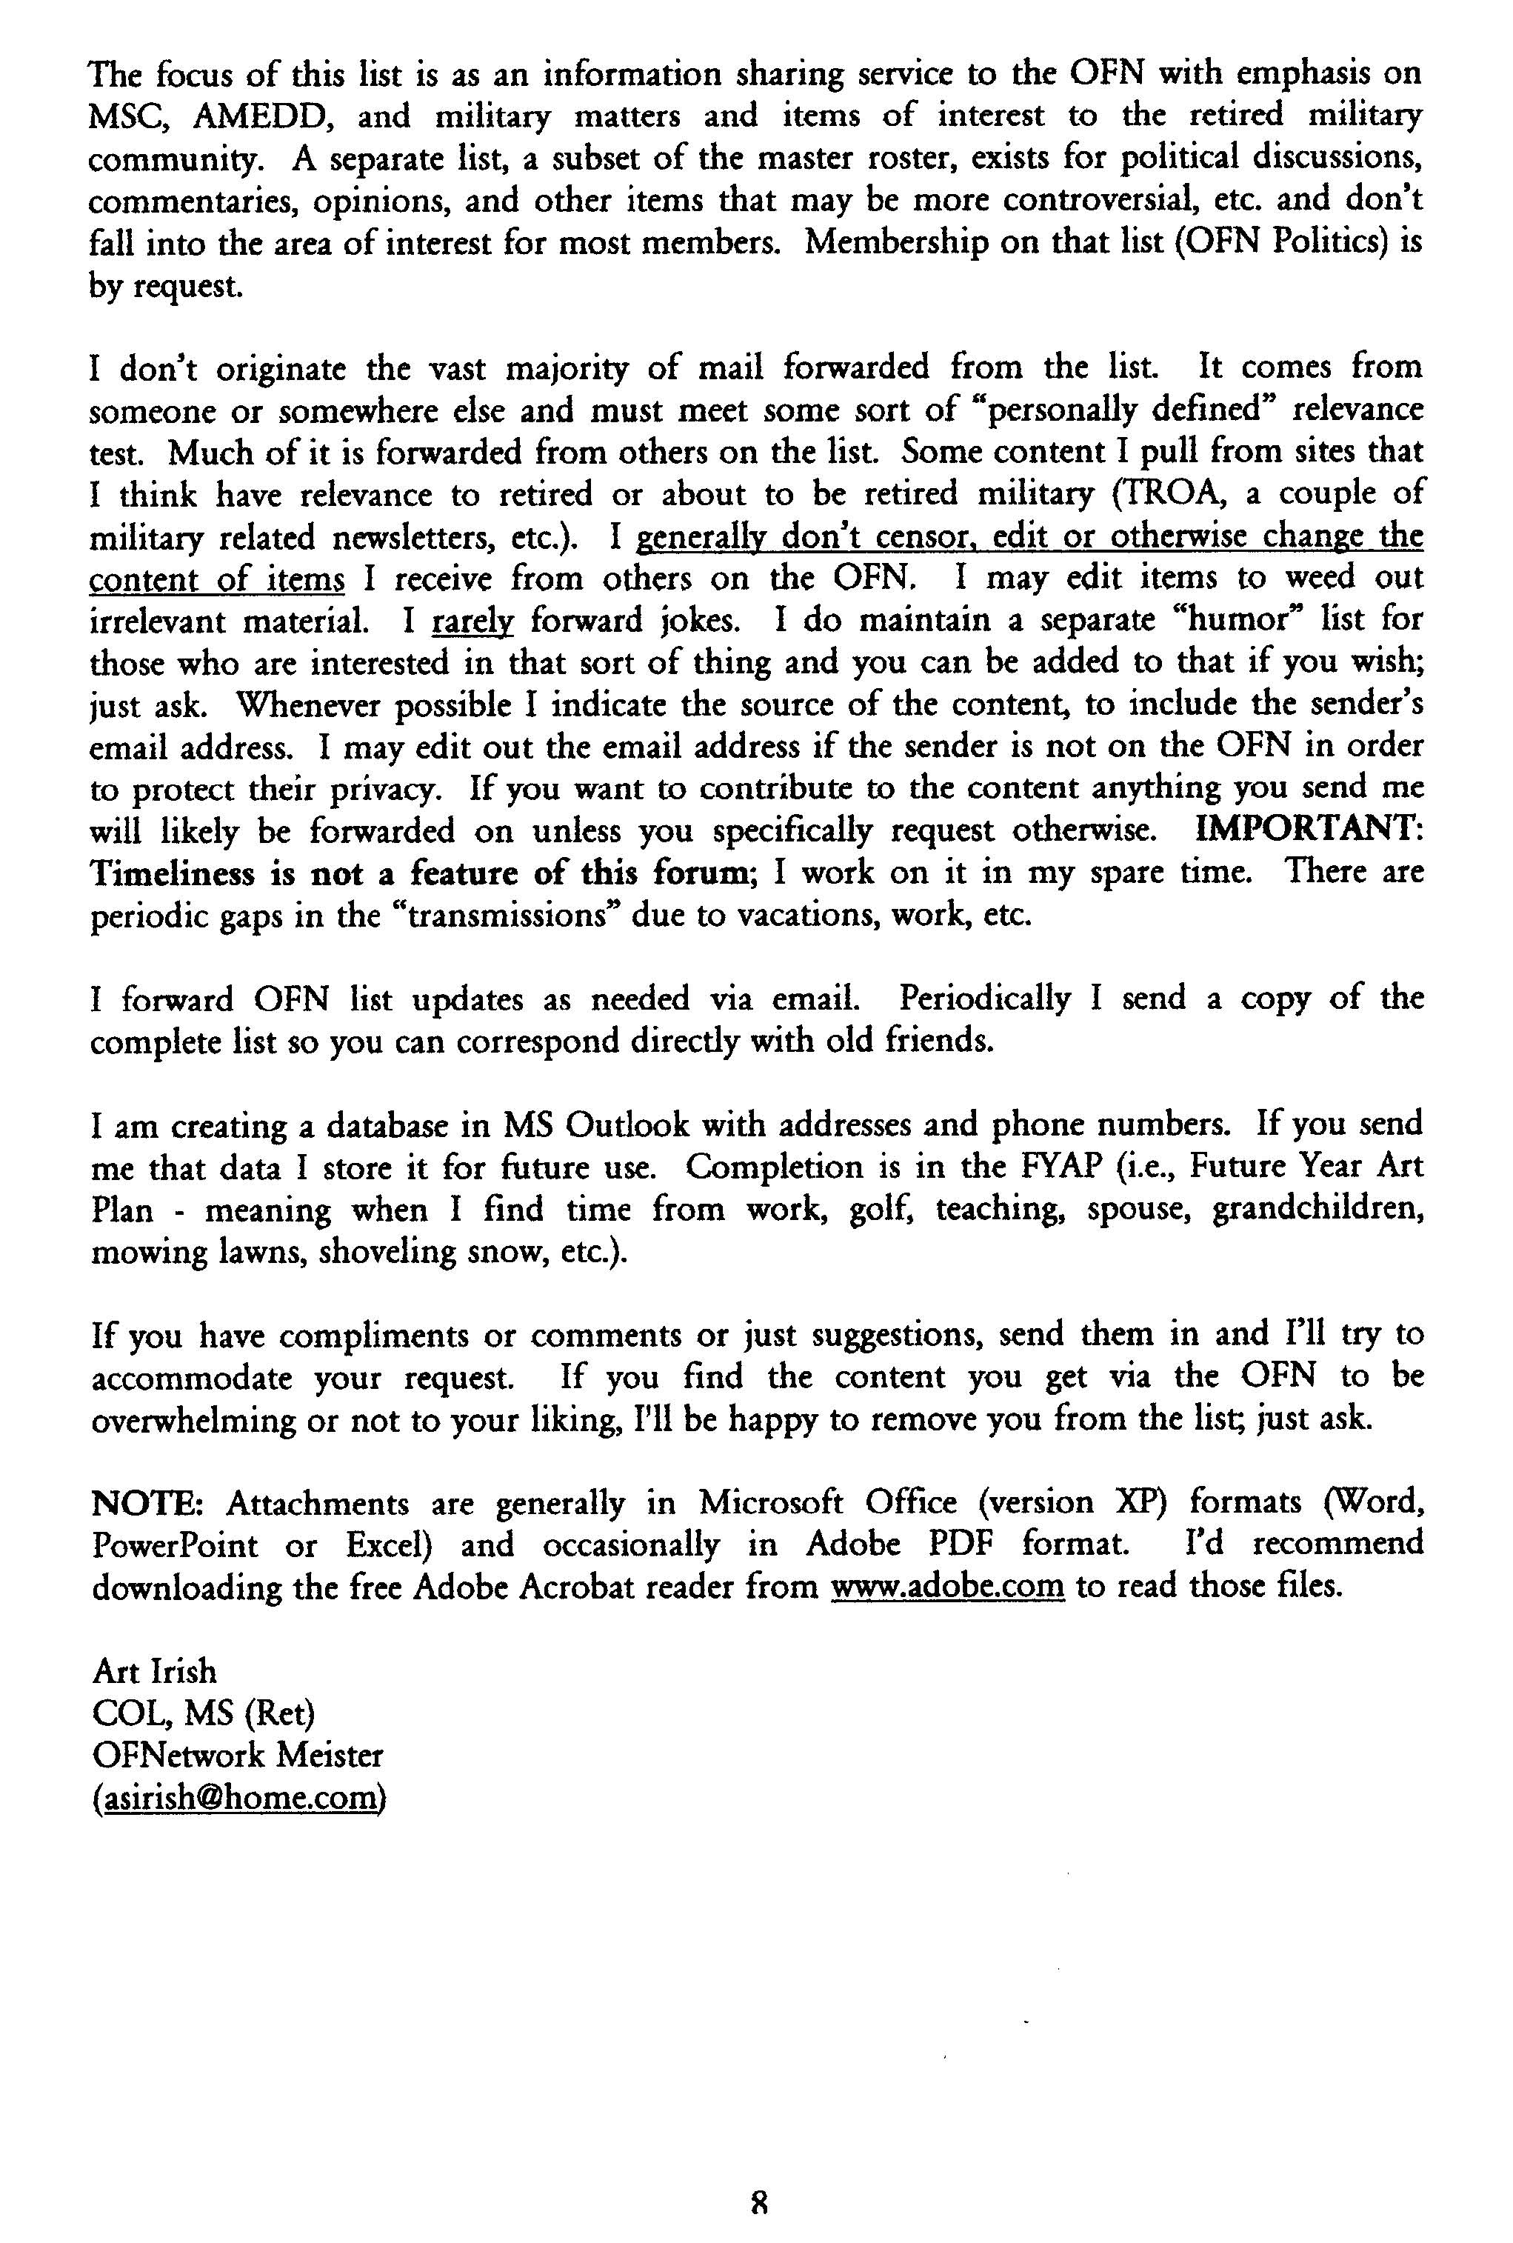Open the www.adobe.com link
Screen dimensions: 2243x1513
coord(947,1587)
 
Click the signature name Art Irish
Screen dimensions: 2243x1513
coord(154,1672)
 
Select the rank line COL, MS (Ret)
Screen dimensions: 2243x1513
coord(204,1714)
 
